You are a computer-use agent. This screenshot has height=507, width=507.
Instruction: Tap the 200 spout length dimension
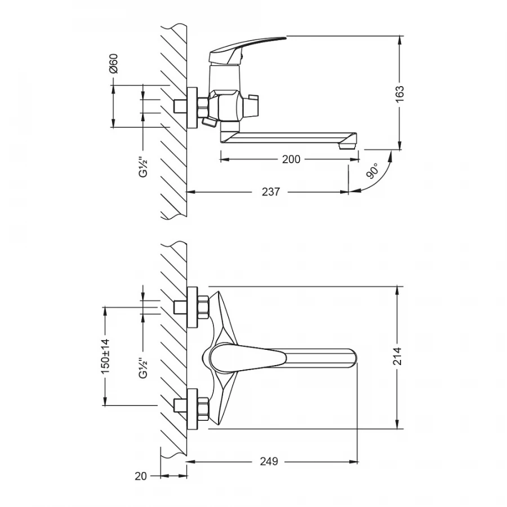(x=291, y=159)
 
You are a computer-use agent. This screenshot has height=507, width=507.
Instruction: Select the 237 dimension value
(x=271, y=192)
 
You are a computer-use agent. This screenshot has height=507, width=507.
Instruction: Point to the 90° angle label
(x=372, y=171)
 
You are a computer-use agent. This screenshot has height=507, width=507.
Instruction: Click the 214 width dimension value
(x=398, y=357)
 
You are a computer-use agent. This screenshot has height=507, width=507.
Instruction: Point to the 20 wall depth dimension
(x=141, y=476)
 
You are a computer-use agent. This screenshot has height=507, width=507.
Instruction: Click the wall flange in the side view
(x=192, y=107)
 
